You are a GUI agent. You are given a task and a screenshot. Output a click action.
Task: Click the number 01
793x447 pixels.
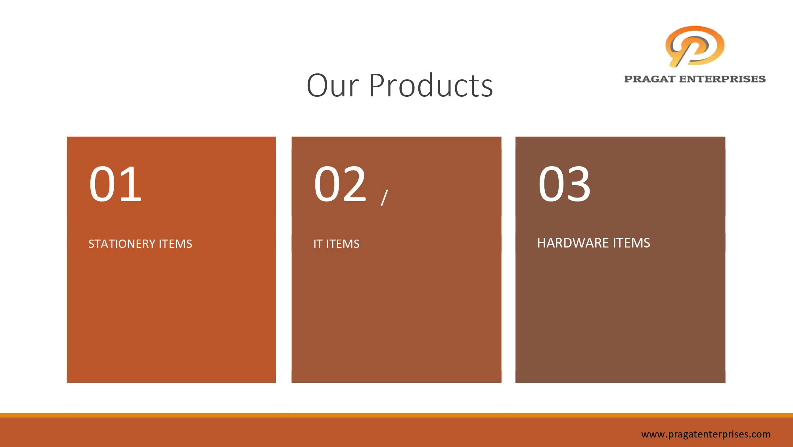coord(115,184)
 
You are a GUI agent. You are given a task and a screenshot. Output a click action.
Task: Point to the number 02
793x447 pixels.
coord(340,184)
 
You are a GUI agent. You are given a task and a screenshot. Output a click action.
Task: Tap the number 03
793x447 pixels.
coord(565,184)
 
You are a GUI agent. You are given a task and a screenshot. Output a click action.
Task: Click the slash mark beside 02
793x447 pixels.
coord(384,198)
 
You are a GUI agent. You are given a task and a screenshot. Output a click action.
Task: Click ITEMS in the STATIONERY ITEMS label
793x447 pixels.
coord(176,244)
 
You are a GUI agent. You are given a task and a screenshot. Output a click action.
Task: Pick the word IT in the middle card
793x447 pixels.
coord(318,244)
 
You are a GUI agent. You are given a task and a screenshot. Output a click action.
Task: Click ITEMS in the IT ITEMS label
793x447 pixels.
coord(343,244)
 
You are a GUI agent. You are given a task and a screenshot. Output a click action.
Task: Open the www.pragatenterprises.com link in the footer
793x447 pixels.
coord(706,434)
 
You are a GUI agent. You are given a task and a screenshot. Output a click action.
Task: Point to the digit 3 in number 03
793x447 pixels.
coord(578,184)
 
